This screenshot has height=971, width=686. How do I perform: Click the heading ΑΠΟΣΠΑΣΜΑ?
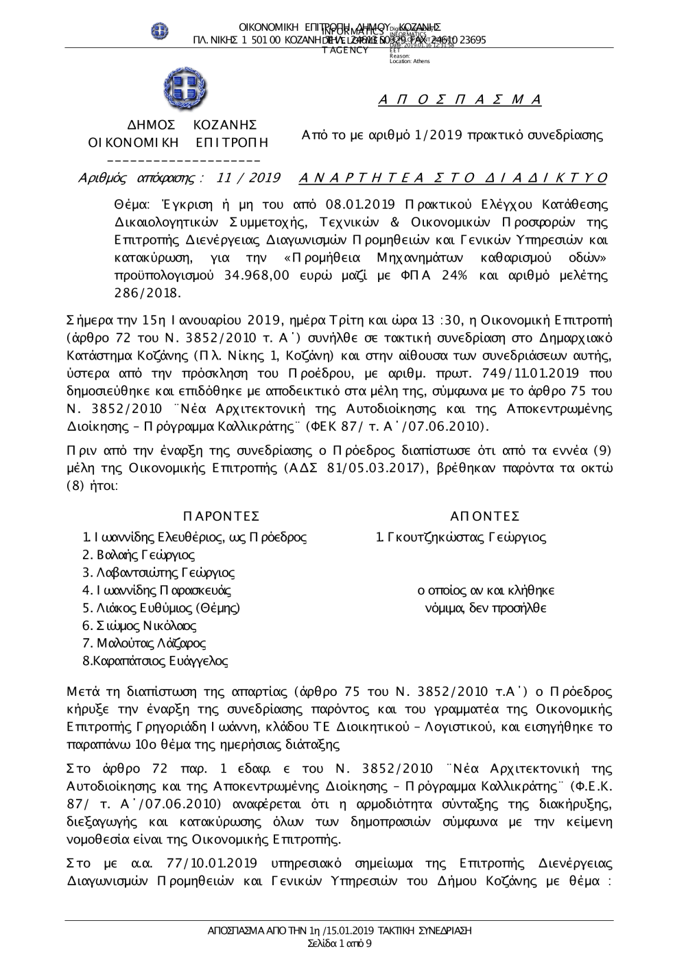460,100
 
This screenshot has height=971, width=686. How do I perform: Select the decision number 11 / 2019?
248,178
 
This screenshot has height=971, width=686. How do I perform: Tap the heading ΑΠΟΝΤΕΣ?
485,516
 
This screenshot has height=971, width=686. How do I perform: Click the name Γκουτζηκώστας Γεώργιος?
461,537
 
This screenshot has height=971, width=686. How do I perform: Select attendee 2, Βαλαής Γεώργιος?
139,555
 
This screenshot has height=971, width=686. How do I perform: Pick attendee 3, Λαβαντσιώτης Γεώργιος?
158,573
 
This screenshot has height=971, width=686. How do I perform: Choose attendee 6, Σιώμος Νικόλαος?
139,626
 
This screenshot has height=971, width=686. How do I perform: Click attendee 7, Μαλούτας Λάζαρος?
144,644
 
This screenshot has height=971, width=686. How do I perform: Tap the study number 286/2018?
147,293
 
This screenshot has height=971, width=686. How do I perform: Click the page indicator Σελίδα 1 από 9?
340,944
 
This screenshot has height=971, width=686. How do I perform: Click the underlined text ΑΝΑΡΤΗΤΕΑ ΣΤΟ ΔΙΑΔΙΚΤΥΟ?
453,178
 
